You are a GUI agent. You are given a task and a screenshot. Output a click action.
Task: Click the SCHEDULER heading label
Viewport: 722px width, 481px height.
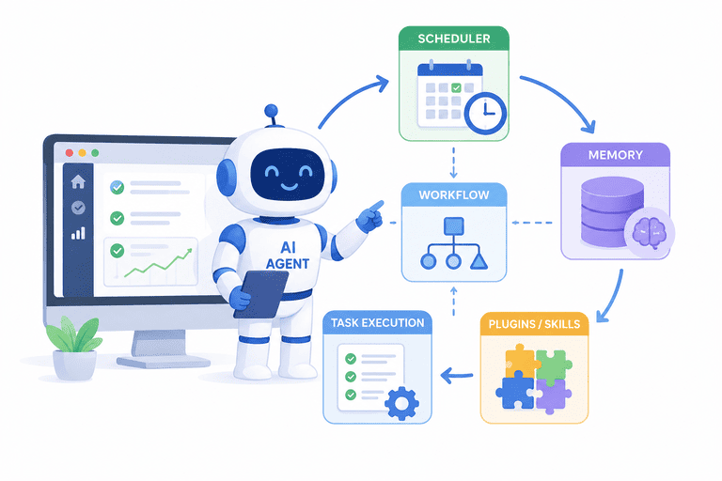(454, 39)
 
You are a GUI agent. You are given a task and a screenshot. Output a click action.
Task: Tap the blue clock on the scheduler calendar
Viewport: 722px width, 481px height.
(485, 114)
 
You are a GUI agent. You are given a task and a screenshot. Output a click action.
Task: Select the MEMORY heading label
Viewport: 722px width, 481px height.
(616, 155)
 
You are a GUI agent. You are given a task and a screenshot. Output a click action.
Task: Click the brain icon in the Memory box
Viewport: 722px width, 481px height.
(650, 232)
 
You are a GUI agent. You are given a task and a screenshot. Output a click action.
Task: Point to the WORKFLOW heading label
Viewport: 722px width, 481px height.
(454, 195)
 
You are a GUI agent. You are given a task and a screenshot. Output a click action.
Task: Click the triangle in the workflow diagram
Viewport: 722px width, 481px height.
(479, 261)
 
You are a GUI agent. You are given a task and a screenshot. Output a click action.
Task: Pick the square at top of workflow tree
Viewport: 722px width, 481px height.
(453, 226)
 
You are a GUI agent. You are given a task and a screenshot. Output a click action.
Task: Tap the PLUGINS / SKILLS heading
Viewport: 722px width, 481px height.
(534, 324)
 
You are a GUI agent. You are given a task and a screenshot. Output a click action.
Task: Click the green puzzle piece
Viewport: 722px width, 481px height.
(554, 365)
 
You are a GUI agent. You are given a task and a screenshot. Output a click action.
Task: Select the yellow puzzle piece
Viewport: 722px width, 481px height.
(520, 362)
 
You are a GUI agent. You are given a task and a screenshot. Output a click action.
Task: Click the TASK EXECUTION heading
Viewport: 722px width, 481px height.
(378, 322)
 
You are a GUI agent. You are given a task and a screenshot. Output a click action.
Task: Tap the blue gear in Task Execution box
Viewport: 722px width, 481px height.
(401, 404)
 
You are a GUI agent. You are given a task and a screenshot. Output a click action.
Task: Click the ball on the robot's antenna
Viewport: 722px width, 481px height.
(271, 111)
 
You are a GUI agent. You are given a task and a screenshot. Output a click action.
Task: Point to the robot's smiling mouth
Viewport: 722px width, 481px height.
(289, 186)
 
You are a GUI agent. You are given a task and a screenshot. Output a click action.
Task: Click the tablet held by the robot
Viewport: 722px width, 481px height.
(261, 295)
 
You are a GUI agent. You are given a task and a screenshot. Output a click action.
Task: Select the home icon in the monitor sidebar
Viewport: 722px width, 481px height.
(78, 182)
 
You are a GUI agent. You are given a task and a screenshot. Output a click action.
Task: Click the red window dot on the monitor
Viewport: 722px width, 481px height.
(69, 153)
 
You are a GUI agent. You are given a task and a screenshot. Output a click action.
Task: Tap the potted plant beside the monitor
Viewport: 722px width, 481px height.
(73, 349)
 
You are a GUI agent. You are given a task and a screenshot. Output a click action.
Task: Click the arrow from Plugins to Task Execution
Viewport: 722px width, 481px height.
(456, 376)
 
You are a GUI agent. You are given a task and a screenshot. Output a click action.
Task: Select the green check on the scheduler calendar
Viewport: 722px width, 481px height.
(456, 87)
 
